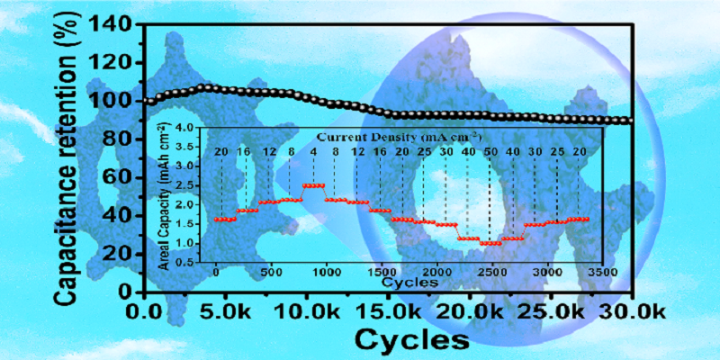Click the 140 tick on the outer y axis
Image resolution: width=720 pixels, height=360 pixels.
(x=114, y=24)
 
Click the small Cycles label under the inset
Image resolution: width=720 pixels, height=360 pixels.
(x=409, y=281)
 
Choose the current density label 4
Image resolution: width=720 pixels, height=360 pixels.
(x=313, y=151)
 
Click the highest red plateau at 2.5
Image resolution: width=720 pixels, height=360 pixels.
(x=313, y=185)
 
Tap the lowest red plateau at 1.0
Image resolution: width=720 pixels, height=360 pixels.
(x=490, y=243)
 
